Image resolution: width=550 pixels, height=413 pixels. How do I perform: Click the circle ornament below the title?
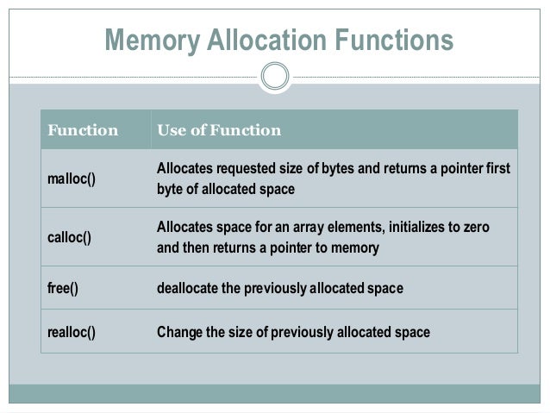275,77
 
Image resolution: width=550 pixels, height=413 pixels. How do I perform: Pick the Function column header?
83,131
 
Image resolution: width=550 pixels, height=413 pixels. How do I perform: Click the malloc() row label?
71,178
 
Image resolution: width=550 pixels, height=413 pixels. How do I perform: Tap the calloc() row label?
69,237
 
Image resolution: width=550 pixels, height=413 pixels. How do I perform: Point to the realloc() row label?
71,332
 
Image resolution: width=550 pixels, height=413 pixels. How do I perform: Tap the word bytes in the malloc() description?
334,168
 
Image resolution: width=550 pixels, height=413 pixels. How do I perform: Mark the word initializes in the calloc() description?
415,227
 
